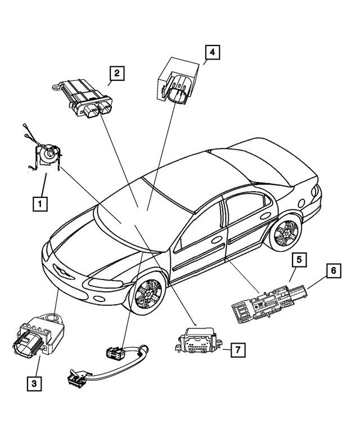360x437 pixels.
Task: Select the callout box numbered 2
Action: [116, 73]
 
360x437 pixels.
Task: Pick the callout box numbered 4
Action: [211, 53]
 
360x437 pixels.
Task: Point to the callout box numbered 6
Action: [333, 271]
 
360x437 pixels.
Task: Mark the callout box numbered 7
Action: [238, 350]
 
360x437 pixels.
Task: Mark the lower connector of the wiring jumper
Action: [76, 376]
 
